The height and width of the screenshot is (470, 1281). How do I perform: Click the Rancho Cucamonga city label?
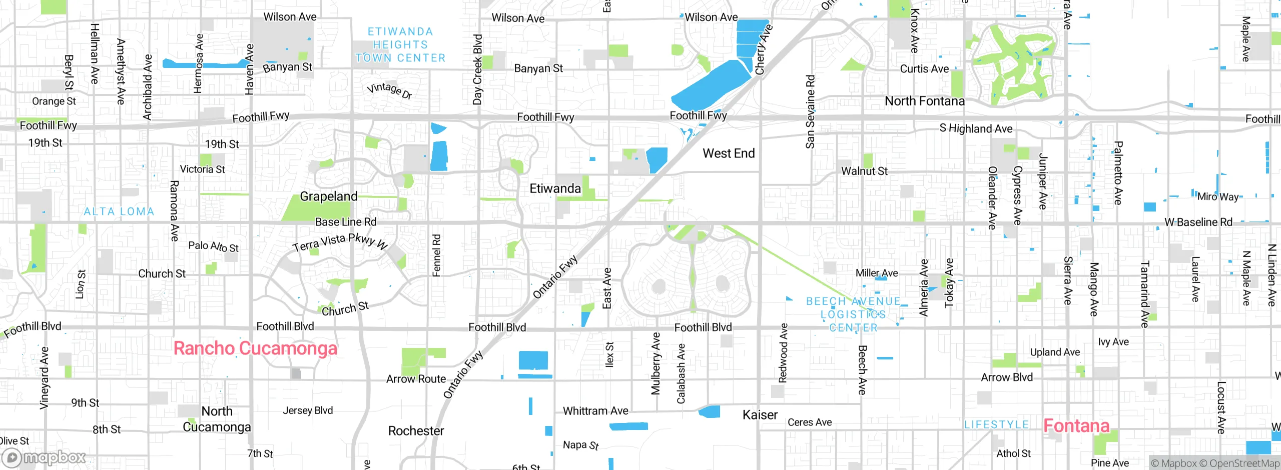[x=255, y=348]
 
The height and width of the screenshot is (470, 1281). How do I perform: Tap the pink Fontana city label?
[x=1076, y=425]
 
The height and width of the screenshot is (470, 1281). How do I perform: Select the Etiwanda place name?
[x=555, y=188]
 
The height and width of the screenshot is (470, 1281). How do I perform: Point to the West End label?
[x=728, y=153]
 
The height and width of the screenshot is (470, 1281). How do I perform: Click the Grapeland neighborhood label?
[x=328, y=196]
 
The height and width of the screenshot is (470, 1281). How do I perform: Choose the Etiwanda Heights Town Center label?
[x=400, y=45]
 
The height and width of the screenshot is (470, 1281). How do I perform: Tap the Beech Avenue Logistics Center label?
[x=853, y=314]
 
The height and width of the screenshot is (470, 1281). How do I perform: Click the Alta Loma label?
[x=119, y=211]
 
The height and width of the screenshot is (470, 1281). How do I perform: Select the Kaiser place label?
[x=760, y=415]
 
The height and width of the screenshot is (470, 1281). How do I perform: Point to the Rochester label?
[x=416, y=431]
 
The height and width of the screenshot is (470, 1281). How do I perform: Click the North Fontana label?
[x=924, y=101]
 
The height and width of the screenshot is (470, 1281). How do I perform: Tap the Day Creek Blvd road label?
[x=477, y=69]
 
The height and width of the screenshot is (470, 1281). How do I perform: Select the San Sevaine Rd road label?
[x=810, y=112]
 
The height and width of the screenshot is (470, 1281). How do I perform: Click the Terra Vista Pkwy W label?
[x=340, y=242]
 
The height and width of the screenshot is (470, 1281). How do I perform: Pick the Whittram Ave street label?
[x=595, y=411]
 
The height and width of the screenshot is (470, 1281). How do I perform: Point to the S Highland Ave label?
[x=976, y=128]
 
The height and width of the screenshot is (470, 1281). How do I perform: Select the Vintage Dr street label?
[x=389, y=90]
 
